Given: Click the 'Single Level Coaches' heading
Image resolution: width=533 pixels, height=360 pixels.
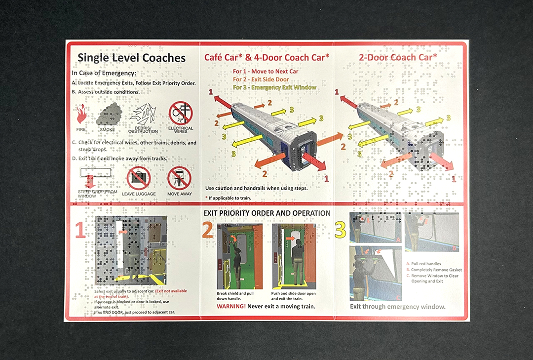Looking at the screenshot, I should pyautogui.click(x=131, y=58).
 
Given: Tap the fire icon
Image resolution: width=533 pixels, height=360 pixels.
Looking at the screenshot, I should pyautogui.click(x=81, y=115).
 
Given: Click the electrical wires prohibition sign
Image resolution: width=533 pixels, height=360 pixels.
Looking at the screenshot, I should pyautogui.click(x=181, y=114).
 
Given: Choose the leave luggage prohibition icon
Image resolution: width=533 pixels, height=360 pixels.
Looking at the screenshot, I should pyautogui.click(x=138, y=178).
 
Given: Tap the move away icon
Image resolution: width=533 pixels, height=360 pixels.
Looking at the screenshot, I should pyautogui.click(x=179, y=178).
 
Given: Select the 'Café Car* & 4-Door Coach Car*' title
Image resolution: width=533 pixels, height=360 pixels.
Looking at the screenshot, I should pyautogui.click(x=266, y=57).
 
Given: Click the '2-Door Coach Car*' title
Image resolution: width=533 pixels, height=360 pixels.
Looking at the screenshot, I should pyautogui.click(x=398, y=57).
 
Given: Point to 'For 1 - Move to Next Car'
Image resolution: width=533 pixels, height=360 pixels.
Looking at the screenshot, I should pyautogui.click(x=266, y=72).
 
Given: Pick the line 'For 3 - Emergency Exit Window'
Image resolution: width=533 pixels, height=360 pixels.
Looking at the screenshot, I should pyautogui.click(x=274, y=87).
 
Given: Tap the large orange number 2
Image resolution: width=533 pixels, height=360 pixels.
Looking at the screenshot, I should pyautogui.click(x=208, y=230).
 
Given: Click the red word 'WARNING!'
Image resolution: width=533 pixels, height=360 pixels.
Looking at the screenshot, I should pyautogui.click(x=231, y=306).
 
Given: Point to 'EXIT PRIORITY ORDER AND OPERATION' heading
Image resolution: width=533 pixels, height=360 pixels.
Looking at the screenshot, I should pyautogui.click(x=267, y=213).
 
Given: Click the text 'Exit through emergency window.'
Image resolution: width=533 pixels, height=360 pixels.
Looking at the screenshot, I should pyautogui.click(x=397, y=306).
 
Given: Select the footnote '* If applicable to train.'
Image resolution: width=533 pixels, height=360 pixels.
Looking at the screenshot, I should pyautogui.click(x=228, y=198).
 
